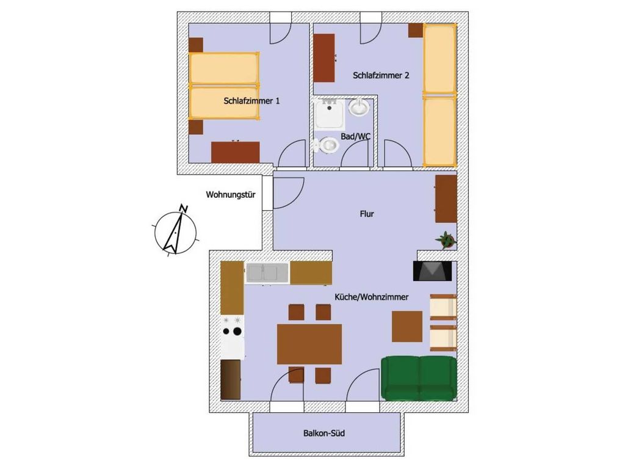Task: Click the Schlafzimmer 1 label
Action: point(251,101)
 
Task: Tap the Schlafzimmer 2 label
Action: point(381,75)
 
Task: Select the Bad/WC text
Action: point(356,136)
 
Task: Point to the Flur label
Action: point(367,214)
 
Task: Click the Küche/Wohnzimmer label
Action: point(372,297)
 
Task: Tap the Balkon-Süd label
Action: point(324,433)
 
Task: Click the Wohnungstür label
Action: point(231,195)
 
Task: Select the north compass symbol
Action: point(175,230)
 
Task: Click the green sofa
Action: point(419,378)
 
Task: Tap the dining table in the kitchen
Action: point(309,344)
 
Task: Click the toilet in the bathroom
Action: point(326,145)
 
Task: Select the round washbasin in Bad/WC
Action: point(359,107)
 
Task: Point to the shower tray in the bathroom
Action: point(329,114)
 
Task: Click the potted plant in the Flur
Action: point(446,240)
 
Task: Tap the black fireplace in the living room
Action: point(433,271)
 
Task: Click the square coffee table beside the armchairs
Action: point(407,327)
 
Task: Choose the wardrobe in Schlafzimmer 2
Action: point(324,58)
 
